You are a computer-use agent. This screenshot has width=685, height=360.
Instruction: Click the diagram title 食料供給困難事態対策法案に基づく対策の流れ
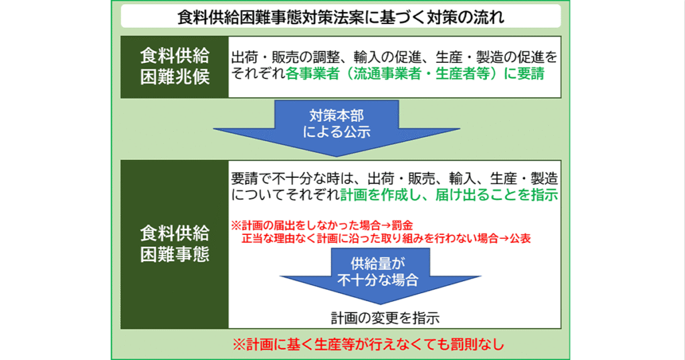click(x=340, y=17)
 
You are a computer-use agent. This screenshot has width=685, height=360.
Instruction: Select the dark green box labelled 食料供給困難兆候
click(x=175, y=67)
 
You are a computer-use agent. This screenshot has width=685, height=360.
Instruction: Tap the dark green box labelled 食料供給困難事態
click(x=175, y=244)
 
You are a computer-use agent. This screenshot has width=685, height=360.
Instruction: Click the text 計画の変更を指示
click(x=385, y=318)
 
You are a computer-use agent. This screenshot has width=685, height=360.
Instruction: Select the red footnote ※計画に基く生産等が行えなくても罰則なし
click(x=368, y=344)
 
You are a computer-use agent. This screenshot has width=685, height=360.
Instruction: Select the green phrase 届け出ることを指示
click(x=497, y=195)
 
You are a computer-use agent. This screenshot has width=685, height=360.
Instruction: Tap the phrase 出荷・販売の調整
click(x=279, y=58)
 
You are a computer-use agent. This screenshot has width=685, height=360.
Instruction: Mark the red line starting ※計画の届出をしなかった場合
click(x=322, y=226)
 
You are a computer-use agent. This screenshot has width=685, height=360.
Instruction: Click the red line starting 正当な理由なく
click(x=386, y=238)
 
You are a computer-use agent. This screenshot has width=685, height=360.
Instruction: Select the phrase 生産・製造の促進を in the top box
click(x=497, y=58)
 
